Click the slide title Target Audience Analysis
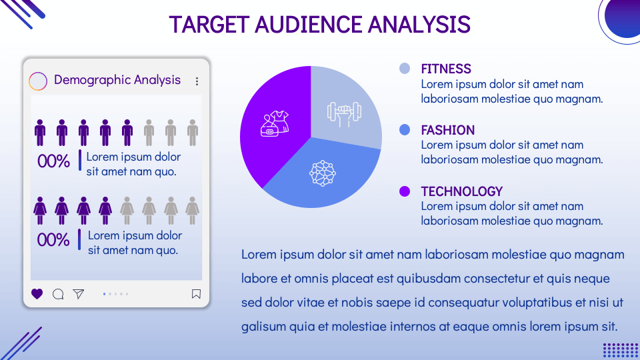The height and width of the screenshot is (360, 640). (x=320, y=25)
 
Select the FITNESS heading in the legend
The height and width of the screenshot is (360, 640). (x=446, y=69)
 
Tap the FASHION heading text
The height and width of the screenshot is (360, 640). (x=447, y=130)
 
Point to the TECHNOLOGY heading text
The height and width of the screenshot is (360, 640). (x=461, y=191)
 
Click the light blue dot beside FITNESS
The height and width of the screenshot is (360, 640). (x=405, y=68)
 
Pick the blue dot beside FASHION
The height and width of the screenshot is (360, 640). (x=405, y=129)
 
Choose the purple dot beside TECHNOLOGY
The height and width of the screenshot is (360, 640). (x=405, y=191)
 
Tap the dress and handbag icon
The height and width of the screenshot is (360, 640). (x=273, y=123)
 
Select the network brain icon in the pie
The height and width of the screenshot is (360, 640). (x=322, y=173)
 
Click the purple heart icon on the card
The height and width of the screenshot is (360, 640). (x=37, y=294)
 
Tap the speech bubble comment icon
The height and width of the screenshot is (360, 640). (x=58, y=294)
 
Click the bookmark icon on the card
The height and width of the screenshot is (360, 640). (x=196, y=294)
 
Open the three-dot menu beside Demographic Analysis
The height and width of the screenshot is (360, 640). (x=197, y=81)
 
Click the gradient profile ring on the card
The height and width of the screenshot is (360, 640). (x=39, y=81)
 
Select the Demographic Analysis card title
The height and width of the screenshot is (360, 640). (x=117, y=80)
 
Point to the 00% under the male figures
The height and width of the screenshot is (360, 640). (x=53, y=161)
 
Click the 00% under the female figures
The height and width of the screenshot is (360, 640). (x=53, y=240)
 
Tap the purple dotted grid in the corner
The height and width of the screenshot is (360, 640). (x=620, y=350)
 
